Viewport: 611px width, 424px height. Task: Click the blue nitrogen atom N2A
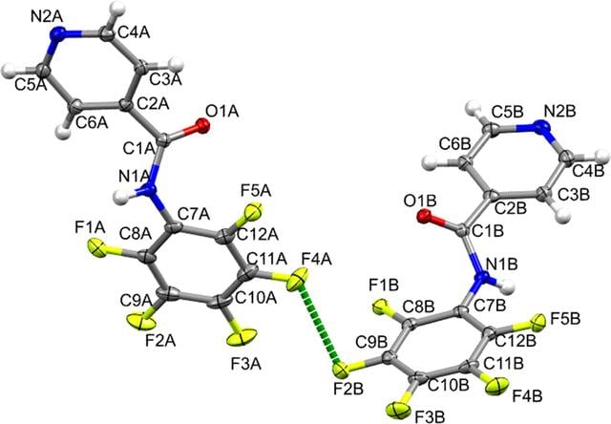(x=58, y=33)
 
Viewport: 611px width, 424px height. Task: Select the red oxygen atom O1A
(x=202, y=126)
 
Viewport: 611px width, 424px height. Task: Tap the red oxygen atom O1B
(x=424, y=216)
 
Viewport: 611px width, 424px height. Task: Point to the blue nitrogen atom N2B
(x=540, y=127)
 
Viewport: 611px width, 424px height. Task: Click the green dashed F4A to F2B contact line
(x=321, y=325)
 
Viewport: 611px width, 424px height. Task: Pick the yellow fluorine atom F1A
(x=96, y=248)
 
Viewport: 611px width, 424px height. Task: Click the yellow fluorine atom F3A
(x=242, y=337)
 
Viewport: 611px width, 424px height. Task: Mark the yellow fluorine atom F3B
(x=399, y=410)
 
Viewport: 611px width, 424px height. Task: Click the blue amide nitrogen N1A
(x=149, y=190)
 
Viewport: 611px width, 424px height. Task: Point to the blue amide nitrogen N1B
(x=482, y=277)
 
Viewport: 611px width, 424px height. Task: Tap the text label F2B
(x=348, y=389)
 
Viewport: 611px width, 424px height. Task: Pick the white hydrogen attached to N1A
(x=122, y=197)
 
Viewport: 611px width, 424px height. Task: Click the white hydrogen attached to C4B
(x=602, y=157)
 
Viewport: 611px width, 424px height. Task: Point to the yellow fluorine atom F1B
(x=380, y=307)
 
